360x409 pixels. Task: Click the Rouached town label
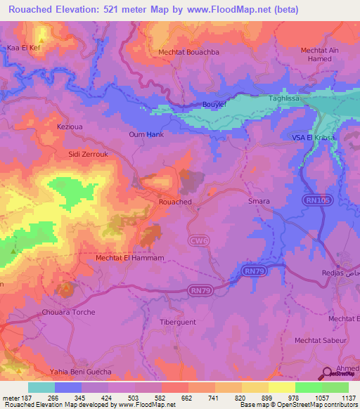tap(175, 202)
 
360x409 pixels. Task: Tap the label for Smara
tap(259, 202)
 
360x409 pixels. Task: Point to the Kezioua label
tap(70, 127)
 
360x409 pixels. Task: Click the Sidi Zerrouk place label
tap(86, 152)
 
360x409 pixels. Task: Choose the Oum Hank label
tap(146, 134)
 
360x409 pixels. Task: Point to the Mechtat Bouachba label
tap(189, 52)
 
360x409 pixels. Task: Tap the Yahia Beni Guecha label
tap(80, 372)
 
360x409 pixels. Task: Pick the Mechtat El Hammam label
tap(129, 258)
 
